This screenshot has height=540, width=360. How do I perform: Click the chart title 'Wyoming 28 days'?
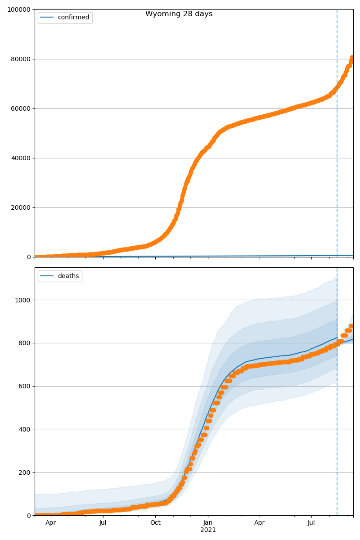tap(179, 14)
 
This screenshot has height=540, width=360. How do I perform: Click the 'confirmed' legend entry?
tap(73, 18)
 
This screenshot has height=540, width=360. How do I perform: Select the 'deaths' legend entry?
tap(68, 276)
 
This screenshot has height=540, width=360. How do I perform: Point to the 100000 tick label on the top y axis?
tap(17, 9)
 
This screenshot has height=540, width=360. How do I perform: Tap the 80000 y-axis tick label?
tap(19, 59)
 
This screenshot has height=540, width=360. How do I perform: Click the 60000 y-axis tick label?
tap(19, 108)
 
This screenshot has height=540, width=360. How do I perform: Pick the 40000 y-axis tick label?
tap(19, 158)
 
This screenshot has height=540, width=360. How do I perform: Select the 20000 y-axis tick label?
tap(19, 207)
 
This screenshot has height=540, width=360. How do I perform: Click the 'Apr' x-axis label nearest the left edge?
tap(51, 523)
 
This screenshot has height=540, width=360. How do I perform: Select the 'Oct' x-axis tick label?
tap(155, 523)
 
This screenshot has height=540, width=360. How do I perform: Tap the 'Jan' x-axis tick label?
tap(208, 523)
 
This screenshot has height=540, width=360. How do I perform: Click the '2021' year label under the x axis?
tap(208, 530)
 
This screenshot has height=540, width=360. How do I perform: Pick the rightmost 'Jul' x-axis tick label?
tap(311, 523)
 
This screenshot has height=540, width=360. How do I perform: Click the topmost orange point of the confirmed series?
tap(352, 58)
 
